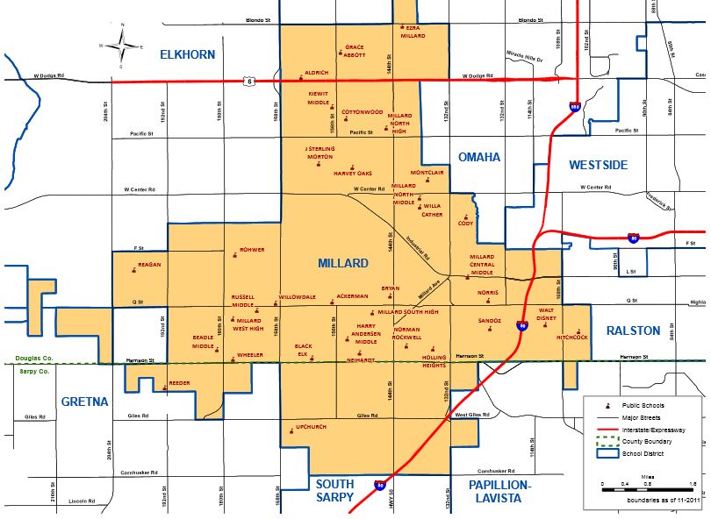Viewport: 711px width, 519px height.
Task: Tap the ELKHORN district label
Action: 187,54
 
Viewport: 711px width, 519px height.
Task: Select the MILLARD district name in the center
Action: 343,263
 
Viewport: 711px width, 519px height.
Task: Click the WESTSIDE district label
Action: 598,164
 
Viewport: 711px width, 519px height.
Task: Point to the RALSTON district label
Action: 632,331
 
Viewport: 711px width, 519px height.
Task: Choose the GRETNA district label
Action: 85,402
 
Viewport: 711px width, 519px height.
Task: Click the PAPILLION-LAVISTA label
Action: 500,491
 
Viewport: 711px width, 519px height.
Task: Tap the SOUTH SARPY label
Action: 334,491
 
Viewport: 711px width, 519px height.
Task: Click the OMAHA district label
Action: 479,157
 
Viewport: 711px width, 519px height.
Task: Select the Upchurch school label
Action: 312,427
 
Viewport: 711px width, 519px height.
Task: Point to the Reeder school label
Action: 179,383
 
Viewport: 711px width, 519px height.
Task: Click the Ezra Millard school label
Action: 413,32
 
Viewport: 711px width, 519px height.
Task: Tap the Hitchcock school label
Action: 571,337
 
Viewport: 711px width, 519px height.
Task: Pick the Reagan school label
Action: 150,264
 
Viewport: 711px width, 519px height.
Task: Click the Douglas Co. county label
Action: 35,358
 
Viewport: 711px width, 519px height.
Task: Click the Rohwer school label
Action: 252,250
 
